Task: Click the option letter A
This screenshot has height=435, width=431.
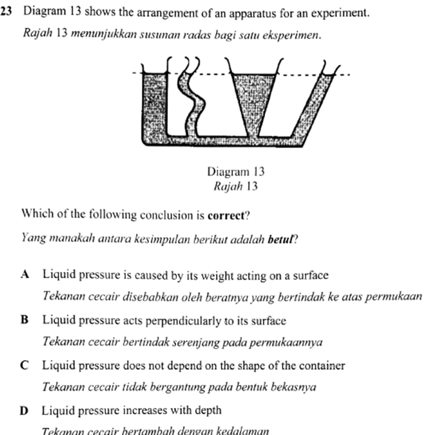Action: tap(25, 275)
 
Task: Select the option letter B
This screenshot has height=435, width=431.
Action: tap(25, 321)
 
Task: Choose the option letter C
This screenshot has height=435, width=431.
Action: tap(25, 366)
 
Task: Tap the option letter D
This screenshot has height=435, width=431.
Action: tap(25, 411)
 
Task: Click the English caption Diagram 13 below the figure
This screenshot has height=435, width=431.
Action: tap(236, 172)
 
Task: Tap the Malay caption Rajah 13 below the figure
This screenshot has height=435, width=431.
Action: tap(236, 186)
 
